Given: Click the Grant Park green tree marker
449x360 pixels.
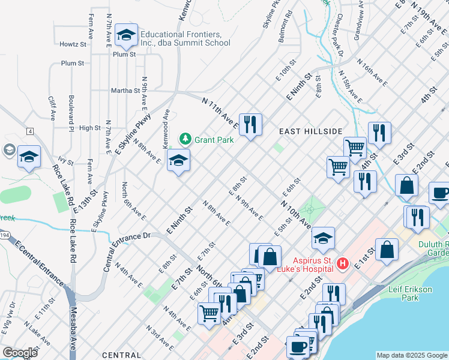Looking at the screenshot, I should coord(185,140).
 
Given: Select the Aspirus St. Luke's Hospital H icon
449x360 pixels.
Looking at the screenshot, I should coord(342,263).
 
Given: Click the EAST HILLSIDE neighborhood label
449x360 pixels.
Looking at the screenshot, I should coord(310,131).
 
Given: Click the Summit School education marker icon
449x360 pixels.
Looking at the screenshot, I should coord(126,36).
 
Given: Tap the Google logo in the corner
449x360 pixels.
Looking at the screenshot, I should coord(20,352).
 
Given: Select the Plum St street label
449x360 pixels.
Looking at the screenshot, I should coord(71,63).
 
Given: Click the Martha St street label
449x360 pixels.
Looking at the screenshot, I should coord(125,91).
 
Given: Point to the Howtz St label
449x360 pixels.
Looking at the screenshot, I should coord(73,44).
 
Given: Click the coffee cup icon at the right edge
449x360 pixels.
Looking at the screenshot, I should coord(440,194).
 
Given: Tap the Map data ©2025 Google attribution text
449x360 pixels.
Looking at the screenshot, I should coord(412,355).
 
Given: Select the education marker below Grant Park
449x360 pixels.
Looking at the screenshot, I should coord(178,160).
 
